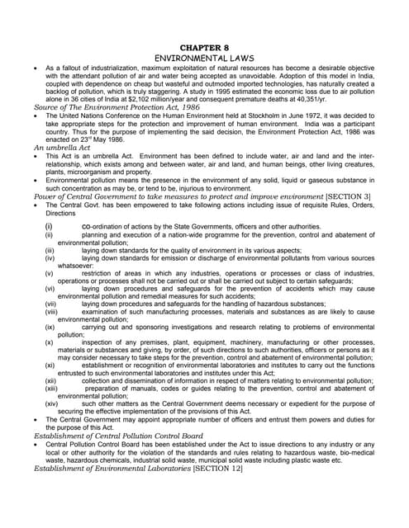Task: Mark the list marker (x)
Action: tap(50, 341)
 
